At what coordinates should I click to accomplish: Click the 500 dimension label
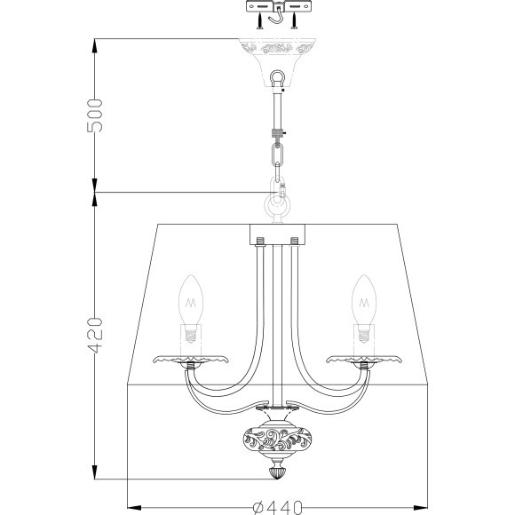95,115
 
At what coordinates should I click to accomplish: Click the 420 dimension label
95,336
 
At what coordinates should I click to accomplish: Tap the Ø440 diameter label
278,507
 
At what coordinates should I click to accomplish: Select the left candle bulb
191,309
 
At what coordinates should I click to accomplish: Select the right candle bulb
364,309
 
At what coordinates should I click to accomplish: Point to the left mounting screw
260,21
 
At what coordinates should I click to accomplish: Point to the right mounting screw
294,21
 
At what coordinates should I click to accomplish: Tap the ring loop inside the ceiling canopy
277,77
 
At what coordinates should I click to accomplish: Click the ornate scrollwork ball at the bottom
278,439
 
